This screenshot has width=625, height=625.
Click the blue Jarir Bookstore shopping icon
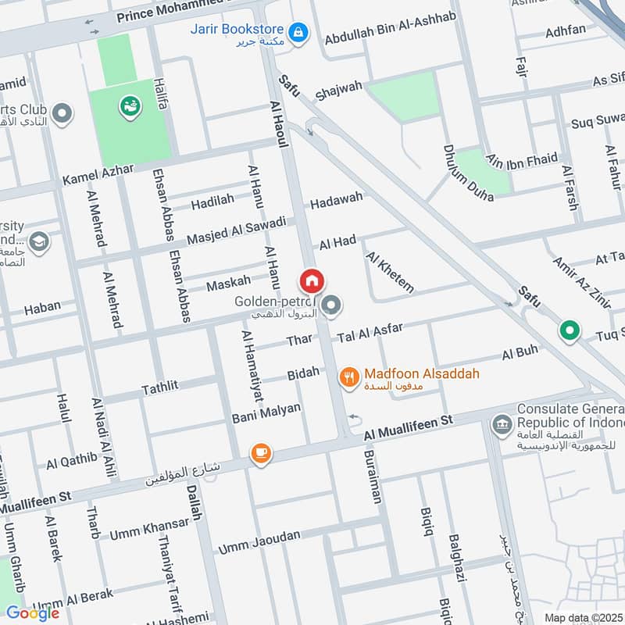pos(298,33)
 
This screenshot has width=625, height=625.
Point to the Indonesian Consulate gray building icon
pos(501,425)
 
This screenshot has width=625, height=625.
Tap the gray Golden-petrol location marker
pos(332,305)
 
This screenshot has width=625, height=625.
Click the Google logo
pos(33,612)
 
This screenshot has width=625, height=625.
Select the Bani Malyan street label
pos(266,413)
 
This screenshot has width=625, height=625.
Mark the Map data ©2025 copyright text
pos(581,617)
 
